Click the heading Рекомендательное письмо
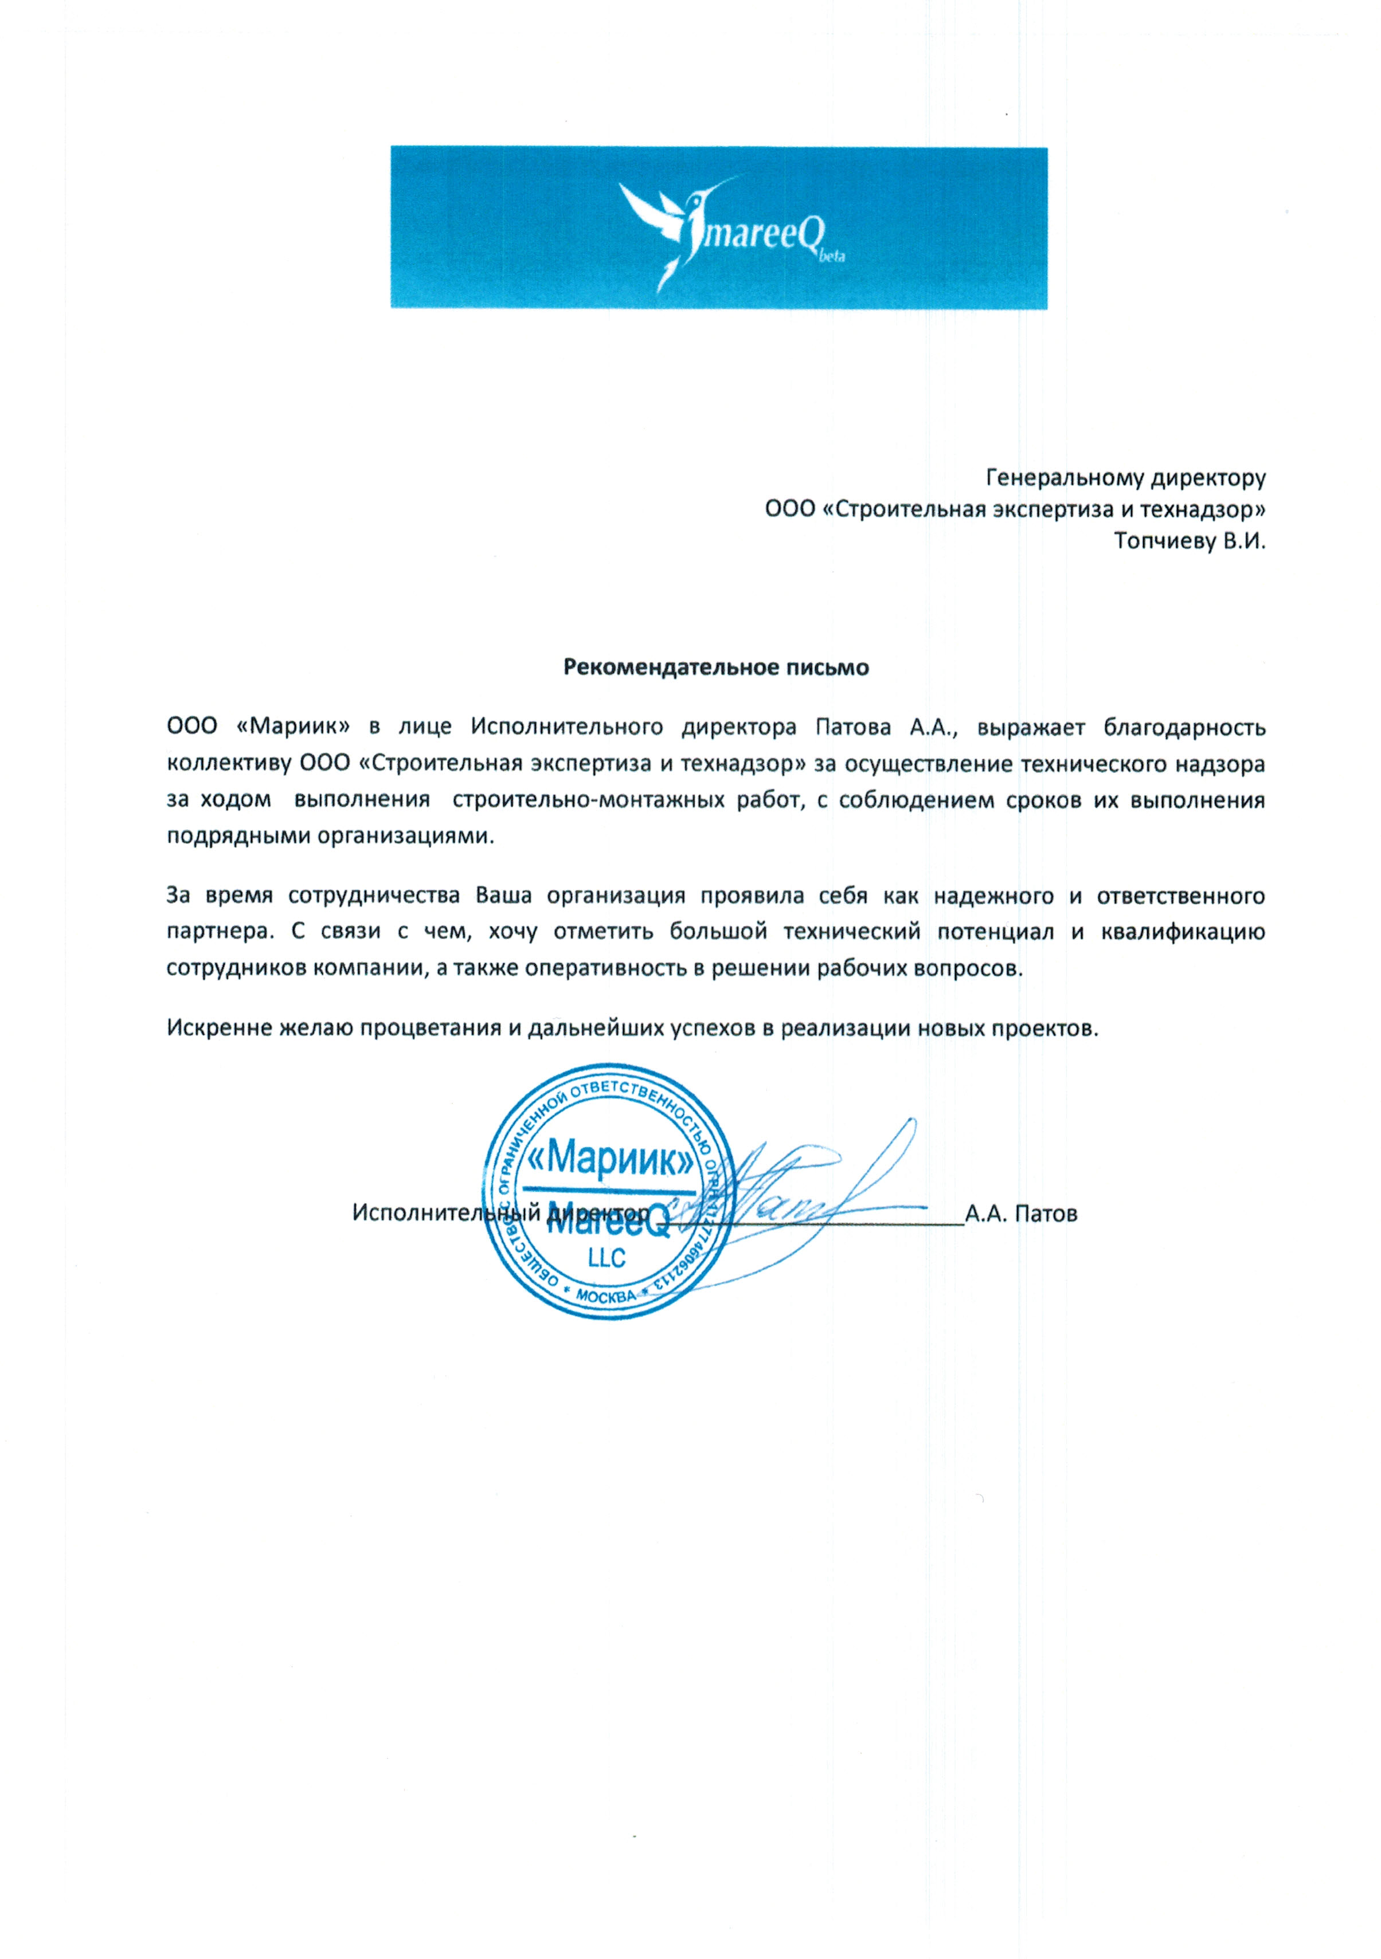pyautogui.click(x=715, y=667)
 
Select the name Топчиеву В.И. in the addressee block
pyautogui.click(x=1189, y=541)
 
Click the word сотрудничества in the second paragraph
pyautogui.click(x=373, y=896)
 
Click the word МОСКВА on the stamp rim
pyautogui.click(x=606, y=1296)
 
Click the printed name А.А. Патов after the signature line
pyautogui.click(x=1021, y=1214)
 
